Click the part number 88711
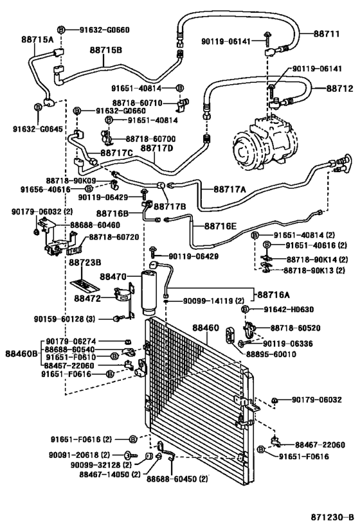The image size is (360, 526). [x=327, y=33]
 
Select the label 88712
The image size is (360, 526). [x=340, y=88]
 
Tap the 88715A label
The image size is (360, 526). [x=38, y=40]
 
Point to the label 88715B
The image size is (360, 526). [x=106, y=50]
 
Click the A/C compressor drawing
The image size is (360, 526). [x=265, y=143]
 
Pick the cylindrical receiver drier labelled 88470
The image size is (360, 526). [x=148, y=292]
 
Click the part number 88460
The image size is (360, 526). [x=206, y=328]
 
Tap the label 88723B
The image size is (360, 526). [x=85, y=262]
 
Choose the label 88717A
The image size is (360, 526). [x=230, y=189]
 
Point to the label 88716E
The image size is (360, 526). [x=221, y=226]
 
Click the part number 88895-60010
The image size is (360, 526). [x=271, y=354]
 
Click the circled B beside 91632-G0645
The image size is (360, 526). [x=38, y=107]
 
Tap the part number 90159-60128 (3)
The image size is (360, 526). [x=64, y=319]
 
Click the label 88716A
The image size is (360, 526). [x=273, y=295]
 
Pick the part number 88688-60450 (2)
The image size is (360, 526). [x=177, y=478]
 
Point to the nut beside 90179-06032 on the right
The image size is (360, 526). [x=274, y=400]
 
